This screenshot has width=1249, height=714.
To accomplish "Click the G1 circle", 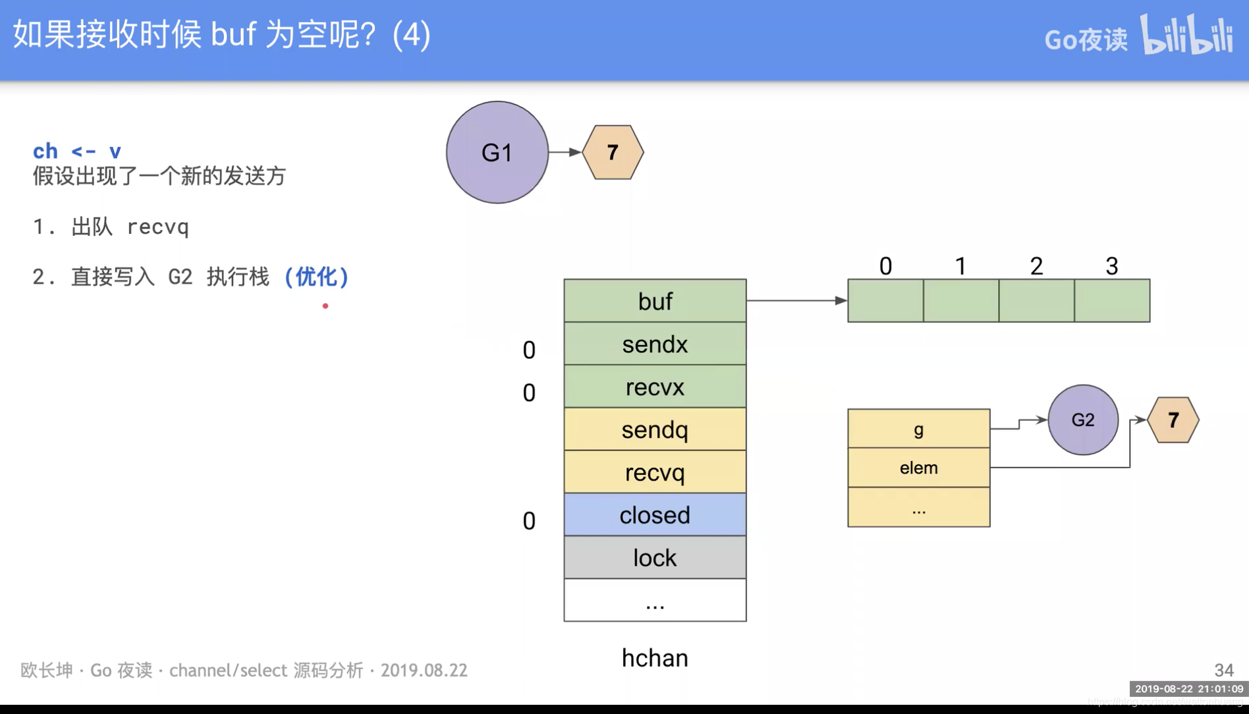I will tap(497, 152).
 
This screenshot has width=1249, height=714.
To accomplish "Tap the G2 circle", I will tap(1083, 420).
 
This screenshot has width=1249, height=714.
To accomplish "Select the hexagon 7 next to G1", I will tap(613, 152).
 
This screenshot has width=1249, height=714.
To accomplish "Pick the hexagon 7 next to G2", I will tap(1173, 420).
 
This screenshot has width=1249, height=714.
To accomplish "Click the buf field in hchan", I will tap(655, 301).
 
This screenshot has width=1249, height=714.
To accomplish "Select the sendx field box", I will tap(655, 344).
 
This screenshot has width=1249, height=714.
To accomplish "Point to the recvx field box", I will tap(655, 387).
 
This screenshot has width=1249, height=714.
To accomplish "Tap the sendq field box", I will tap(655, 429).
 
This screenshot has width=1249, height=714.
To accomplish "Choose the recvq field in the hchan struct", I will tap(655, 472).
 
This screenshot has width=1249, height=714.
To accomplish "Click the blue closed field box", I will tap(655, 515).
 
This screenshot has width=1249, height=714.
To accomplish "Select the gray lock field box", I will tap(655, 558).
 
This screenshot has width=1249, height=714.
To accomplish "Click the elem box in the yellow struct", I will tap(918, 468).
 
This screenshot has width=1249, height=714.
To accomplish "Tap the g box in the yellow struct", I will tap(918, 429).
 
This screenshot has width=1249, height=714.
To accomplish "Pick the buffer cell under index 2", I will tap(1036, 301).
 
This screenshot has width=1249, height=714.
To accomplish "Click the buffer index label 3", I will tap(1112, 266).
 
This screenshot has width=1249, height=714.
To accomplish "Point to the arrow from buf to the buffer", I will tap(796, 300).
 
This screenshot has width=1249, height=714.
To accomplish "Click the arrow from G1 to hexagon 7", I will tap(565, 152).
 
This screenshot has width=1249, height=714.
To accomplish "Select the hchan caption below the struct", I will tap(655, 658).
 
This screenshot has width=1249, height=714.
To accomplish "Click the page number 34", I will tap(1224, 670).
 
